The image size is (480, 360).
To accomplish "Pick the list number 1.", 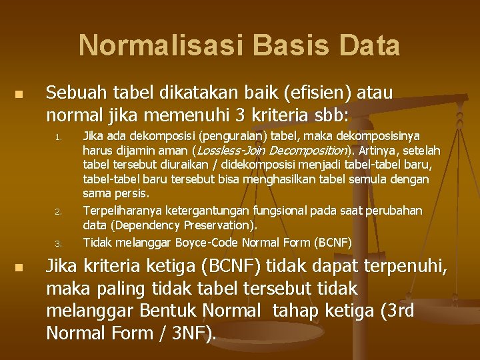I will [x=59, y=139].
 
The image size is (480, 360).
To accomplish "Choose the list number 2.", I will [x=59, y=213].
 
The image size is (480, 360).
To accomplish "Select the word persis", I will [x=131, y=193].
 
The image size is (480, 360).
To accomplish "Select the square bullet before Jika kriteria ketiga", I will [x=19, y=267].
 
